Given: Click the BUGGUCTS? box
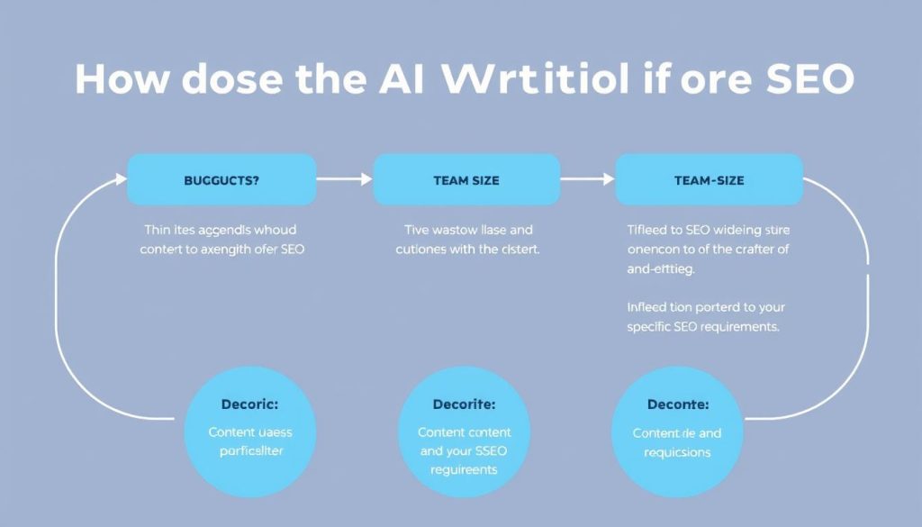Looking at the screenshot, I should click(x=221, y=179).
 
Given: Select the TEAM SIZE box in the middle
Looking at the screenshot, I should click(x=466, y=179).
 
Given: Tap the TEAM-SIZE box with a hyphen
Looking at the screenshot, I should click(x=709, y=179).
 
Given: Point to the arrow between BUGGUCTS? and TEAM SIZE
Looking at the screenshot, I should click(x=344, y=179).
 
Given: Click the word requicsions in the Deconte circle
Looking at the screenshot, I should click(x=677, y=451).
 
